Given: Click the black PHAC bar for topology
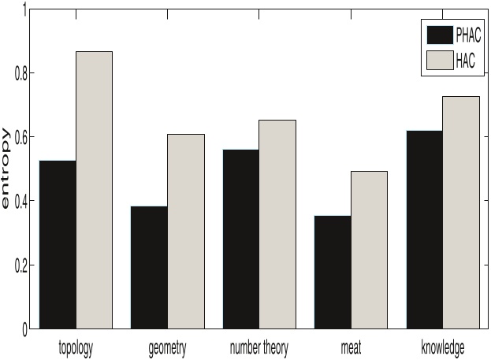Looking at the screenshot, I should pos(58,244).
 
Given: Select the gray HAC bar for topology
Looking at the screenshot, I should pos(95,189).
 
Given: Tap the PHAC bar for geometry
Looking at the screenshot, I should pos(149,267).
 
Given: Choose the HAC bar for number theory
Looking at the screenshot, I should pos(277,224).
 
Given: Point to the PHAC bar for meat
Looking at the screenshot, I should pos(333,272).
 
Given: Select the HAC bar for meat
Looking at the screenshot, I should pos(370,249).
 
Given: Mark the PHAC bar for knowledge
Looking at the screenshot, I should pos(425,229).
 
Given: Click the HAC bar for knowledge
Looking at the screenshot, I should pos(461,213).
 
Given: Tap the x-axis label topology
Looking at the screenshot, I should pos(76,347).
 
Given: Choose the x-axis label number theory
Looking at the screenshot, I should pos(259,347).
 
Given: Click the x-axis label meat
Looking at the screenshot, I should pos(351,347).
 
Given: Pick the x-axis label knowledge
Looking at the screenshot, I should pos(443,347).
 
